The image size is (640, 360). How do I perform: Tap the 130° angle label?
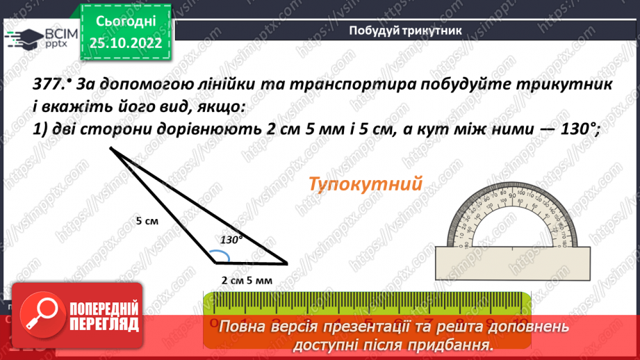click(x=231, y=239)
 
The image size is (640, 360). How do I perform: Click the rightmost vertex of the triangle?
click(x=286, y=264)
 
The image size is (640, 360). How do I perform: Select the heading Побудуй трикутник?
click(x=405, y=29)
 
